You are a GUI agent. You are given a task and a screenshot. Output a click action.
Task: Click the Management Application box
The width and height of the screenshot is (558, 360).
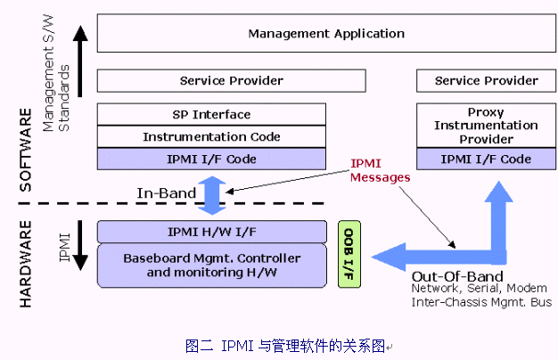click(x=326, y=34)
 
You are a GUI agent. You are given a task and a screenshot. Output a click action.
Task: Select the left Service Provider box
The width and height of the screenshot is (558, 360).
click(x=231, y=81)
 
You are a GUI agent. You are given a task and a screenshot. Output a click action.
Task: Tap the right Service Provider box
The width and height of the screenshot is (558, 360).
click(x=486, y=81)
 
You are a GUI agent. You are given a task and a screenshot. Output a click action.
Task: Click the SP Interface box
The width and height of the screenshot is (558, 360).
click(x=211, y=114)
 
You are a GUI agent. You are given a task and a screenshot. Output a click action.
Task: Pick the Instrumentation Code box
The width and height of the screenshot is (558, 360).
click(x=211, y=136)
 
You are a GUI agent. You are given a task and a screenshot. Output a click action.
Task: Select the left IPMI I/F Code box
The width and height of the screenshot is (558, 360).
click(x=211, y=159)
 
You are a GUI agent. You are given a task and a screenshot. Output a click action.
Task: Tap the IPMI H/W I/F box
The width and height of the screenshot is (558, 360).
click(x=211, y=232)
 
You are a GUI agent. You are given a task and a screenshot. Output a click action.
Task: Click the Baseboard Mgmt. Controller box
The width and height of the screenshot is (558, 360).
click(x=211, y=265)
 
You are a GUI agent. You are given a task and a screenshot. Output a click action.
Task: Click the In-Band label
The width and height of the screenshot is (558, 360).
click(x=160, y=192)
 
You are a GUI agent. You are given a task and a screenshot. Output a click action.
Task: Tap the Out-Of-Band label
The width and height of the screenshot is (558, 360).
click(x=457, y=275)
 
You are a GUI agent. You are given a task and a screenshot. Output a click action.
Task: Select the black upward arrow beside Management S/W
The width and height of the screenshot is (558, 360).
click(x=81, y=59)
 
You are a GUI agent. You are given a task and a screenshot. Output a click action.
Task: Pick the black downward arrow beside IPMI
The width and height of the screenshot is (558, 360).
click(x=81, y=246)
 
